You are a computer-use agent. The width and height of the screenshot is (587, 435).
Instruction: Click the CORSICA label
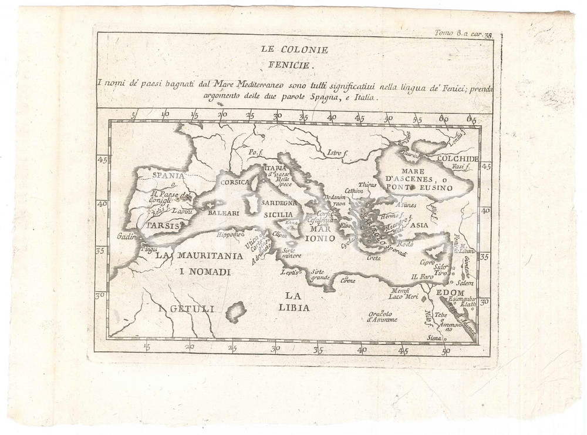(x=236, y=182)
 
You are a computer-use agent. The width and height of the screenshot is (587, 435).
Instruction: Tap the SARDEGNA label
(x=282, y=203)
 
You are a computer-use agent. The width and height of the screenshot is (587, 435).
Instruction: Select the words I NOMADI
(x=205, y=272)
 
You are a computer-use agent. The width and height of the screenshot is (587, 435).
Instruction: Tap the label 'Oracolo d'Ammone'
(x=382, y=316)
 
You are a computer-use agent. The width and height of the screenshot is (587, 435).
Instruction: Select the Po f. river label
(x=254, y=151)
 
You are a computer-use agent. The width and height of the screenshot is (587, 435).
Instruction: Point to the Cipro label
(x=427, y=263)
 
